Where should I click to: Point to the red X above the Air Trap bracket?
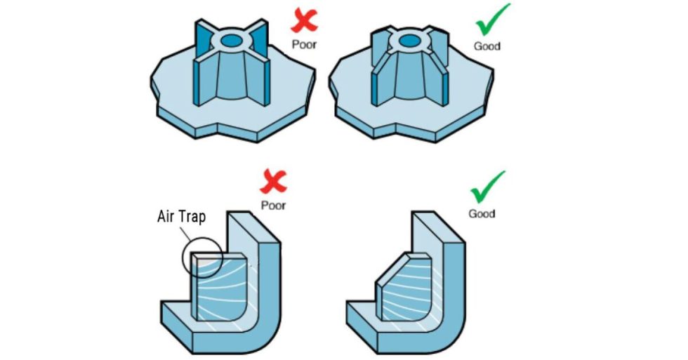[274, 184]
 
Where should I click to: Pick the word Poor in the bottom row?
[274, 206]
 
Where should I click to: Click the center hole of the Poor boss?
[230, 41]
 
